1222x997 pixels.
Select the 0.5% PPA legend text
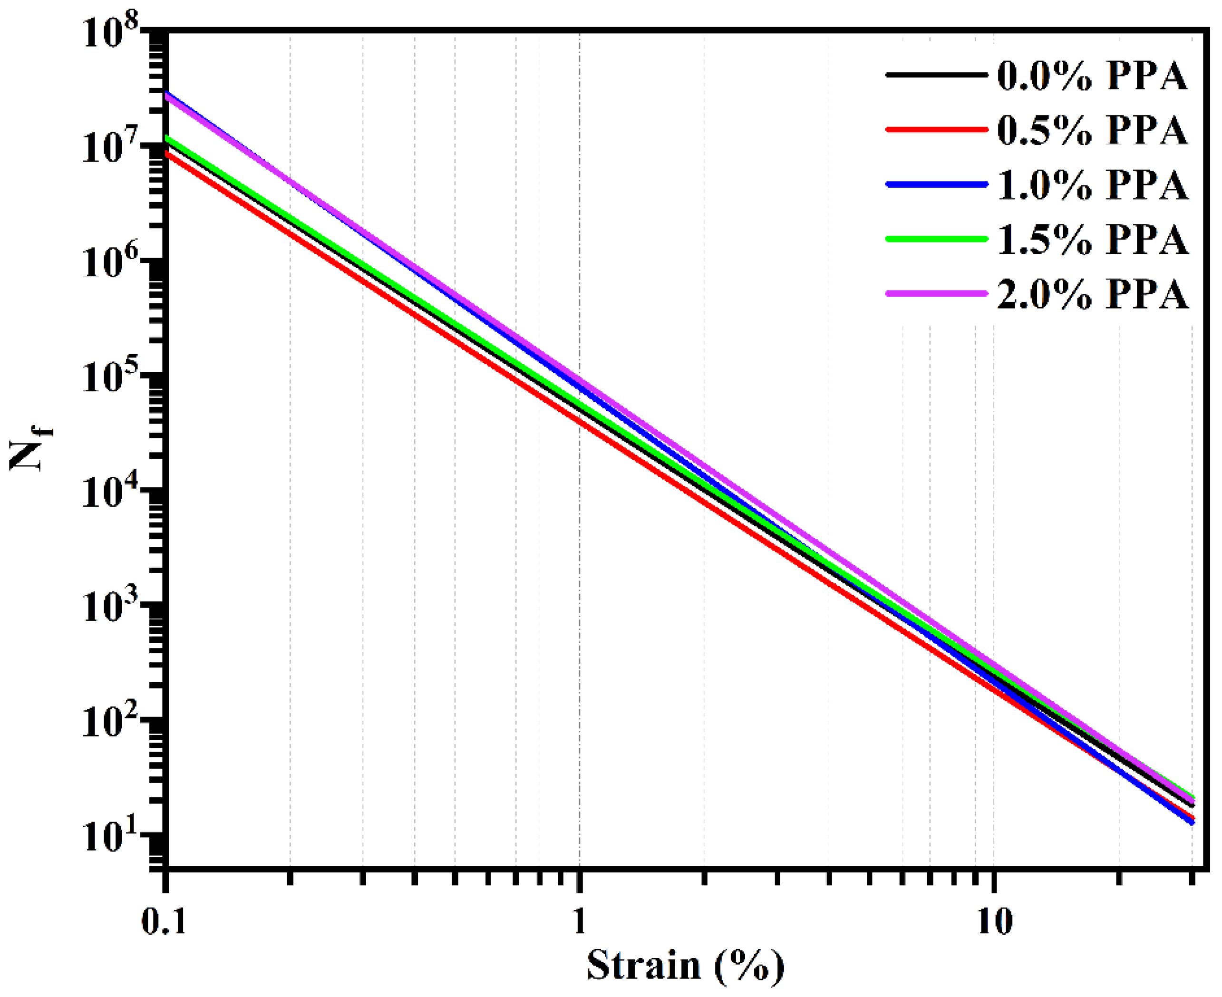point(1092,130)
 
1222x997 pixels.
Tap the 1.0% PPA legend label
point(1092,185)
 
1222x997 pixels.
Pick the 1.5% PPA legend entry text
point(1092,240)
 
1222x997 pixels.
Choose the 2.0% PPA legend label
point(1092,294)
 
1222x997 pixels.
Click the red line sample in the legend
point(936,130)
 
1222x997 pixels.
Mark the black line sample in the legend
point(936,75)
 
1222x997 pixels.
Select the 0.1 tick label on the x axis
point(165,922)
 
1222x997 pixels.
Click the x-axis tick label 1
point(580,922)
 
